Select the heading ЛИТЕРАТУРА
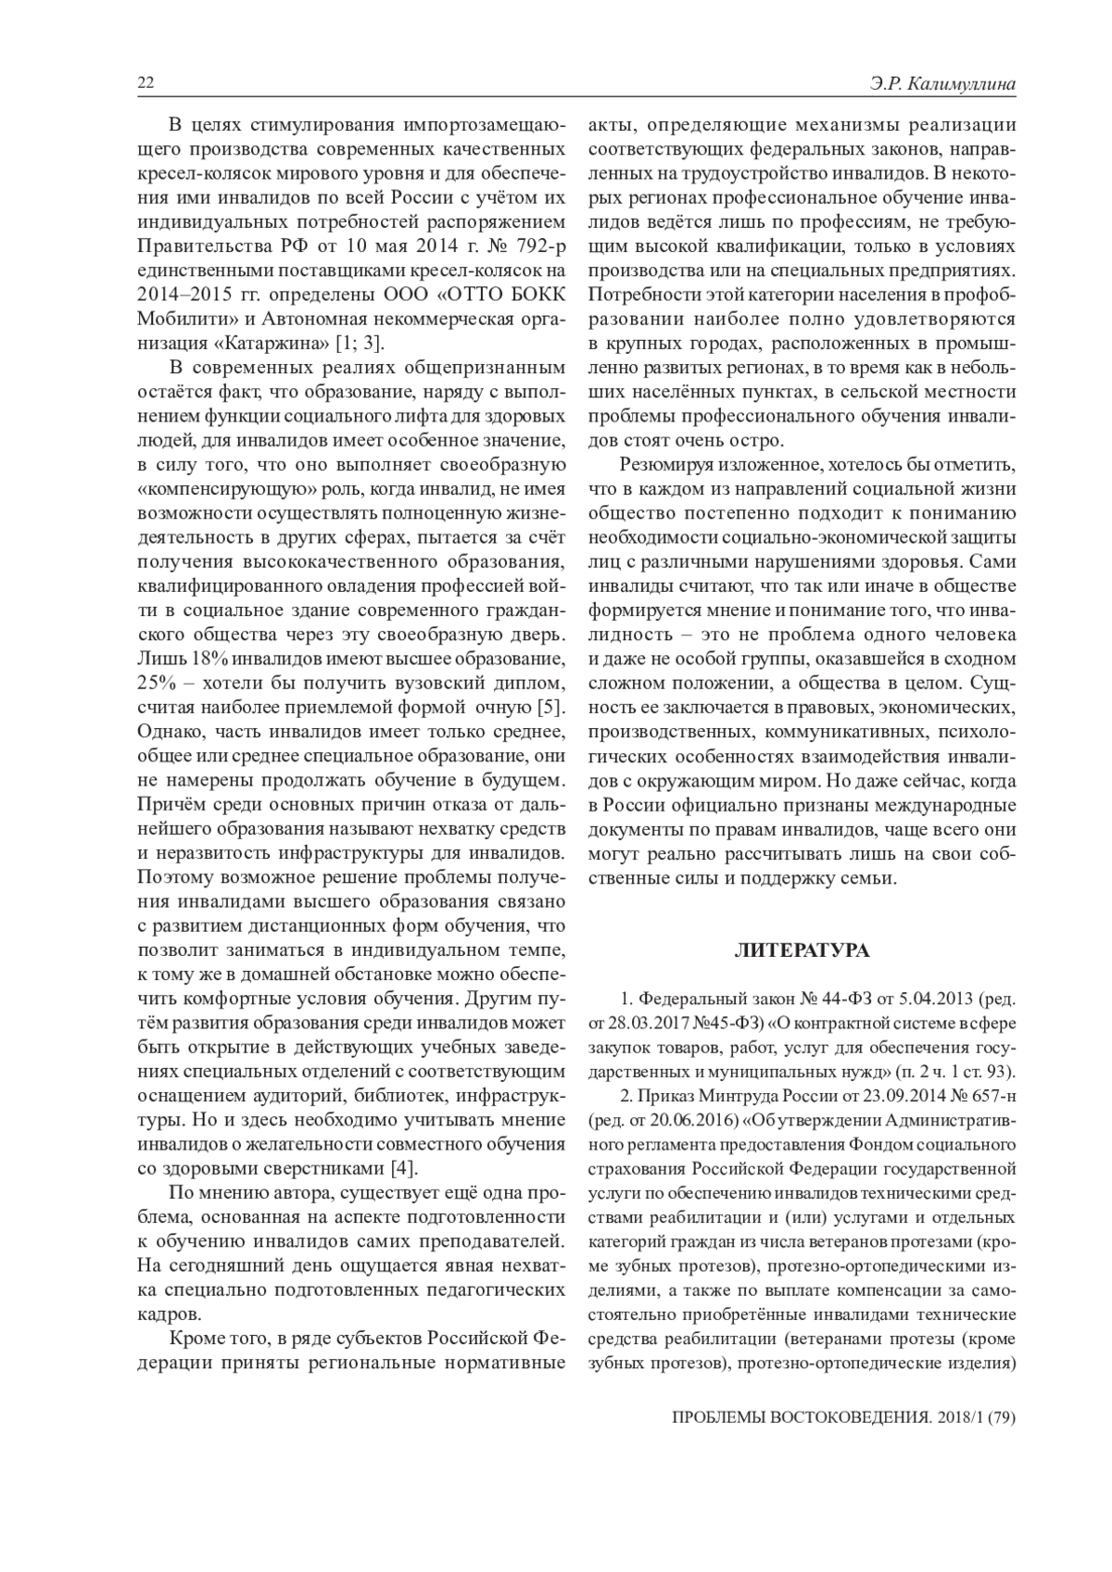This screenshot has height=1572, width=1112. pos(802,950)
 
